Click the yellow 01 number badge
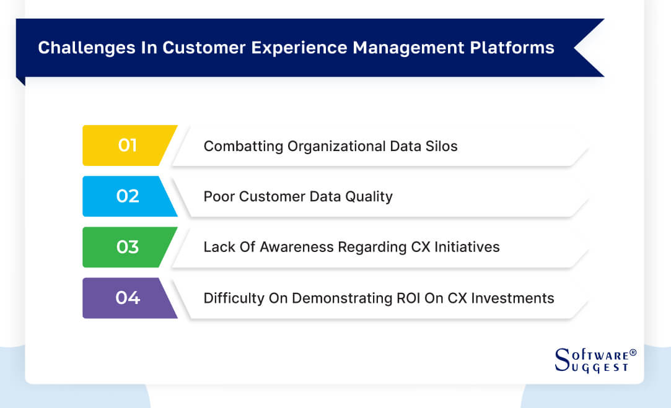(128, 145)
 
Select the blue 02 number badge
(128, 196)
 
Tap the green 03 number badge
(128, 247)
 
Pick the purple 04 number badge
(128, 298)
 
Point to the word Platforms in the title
(518, 48)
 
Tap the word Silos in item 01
(441, 146)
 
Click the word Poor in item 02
(218, 197)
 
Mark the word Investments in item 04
(513, 298)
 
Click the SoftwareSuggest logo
(592, 360)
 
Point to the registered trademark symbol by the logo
(633, 353)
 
